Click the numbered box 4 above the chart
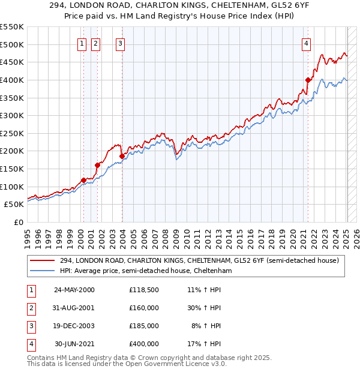[x=306, y=43]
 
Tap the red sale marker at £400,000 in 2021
[x=308, y=80]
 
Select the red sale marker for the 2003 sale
[x=122, y=156]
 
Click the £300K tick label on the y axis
[x=11, y=115]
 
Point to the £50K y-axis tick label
[x=14, y=204]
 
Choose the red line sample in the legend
[x=43, y=260]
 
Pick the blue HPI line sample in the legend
[x=43, y=271]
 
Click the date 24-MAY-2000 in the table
[x=74, y=290]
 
